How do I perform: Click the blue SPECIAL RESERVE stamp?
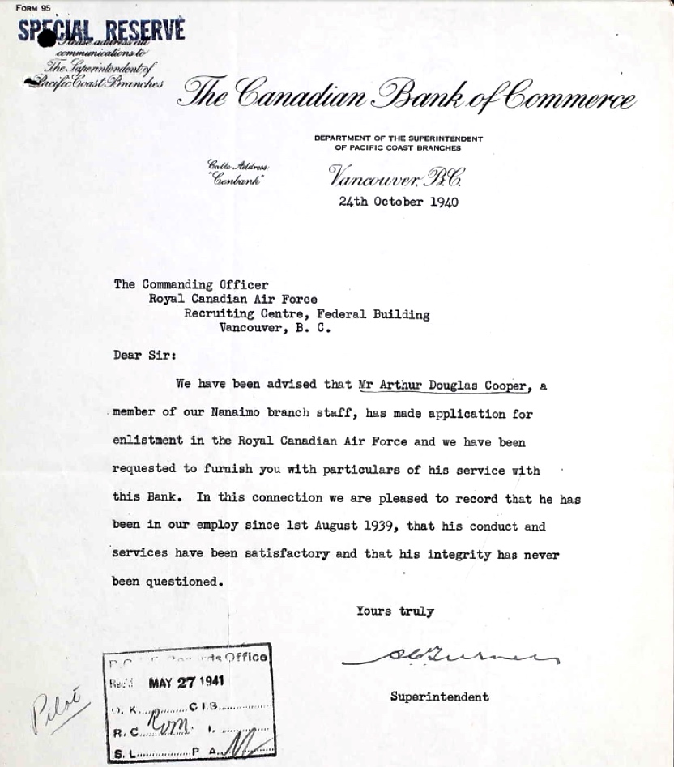tap(101, 31)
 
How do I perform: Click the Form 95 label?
tap(32, 8)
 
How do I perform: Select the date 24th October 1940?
tap(399, 202)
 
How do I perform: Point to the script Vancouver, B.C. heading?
tap(396, 174)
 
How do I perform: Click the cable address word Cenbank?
tap(235, 179)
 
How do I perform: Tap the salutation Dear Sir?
tap(143, 354)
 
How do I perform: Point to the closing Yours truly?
tap(395, 611)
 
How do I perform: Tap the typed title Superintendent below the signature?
tap(439, 697)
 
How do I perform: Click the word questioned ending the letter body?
tap(182, 582)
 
